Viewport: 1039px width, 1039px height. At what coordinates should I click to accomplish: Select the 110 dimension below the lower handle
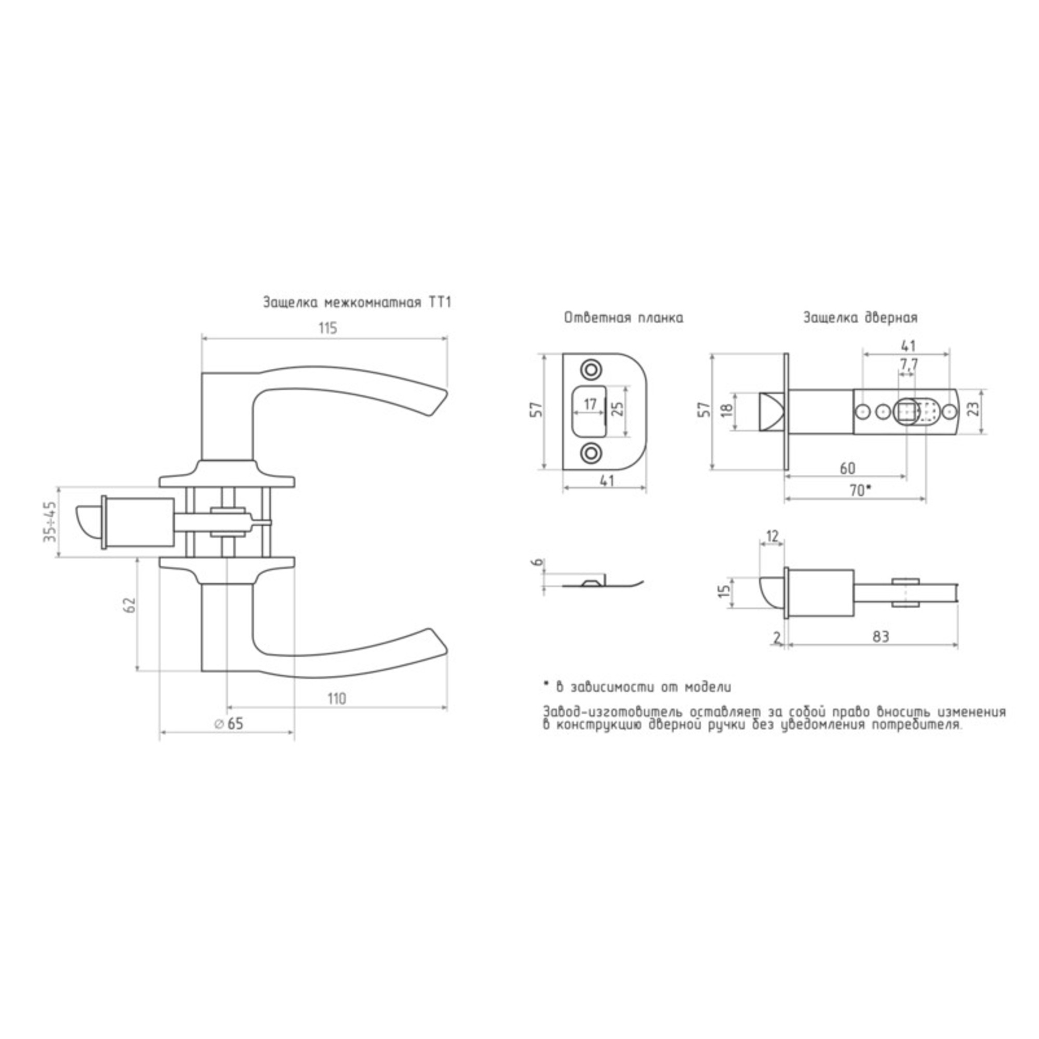(337, 699)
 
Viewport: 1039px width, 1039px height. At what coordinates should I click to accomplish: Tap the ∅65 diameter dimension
(229, 724)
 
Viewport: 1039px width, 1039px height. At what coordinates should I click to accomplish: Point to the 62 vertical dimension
(128, 605)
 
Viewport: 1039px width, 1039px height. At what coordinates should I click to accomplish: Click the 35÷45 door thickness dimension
(50, 521)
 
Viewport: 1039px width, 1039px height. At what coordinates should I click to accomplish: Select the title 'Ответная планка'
(624, 318)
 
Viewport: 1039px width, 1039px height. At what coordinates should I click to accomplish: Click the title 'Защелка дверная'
(860, 318)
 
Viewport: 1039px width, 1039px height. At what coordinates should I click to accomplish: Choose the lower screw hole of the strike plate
(591, 452)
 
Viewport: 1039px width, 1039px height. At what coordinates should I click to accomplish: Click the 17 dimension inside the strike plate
(590, 404)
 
